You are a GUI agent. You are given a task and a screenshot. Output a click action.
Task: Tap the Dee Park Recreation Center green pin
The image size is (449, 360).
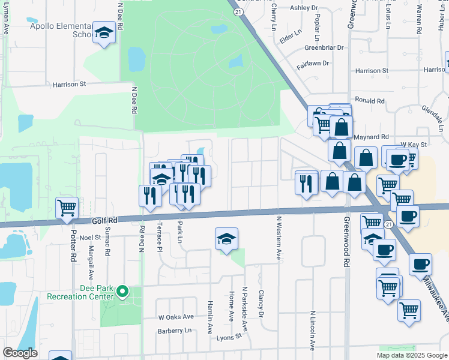coord(123,293)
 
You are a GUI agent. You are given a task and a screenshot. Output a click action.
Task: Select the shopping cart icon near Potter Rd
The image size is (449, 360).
coord(67,208)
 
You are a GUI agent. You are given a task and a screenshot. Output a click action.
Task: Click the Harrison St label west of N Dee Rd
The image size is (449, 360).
coord(70,85)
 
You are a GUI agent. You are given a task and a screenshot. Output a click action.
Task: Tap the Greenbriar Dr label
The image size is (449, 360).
coord(324,47)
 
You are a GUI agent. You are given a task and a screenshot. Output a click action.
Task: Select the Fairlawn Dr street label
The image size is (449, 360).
coord(313,63)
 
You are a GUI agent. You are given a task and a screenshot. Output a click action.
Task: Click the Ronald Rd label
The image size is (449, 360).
coord(369,101)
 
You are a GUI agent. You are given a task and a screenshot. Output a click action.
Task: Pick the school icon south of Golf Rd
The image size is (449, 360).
coord(226,239)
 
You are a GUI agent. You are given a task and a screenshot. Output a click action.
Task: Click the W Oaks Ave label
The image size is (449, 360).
coord(176,317)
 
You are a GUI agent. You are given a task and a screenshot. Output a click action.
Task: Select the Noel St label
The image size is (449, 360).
coord(90,238)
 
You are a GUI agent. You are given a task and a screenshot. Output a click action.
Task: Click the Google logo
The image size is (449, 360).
coord(20,353)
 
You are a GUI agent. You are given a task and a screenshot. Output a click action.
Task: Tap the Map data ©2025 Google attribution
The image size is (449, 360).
coord(411,355)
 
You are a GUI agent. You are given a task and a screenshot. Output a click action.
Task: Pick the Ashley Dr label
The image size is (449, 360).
coord(303,8)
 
